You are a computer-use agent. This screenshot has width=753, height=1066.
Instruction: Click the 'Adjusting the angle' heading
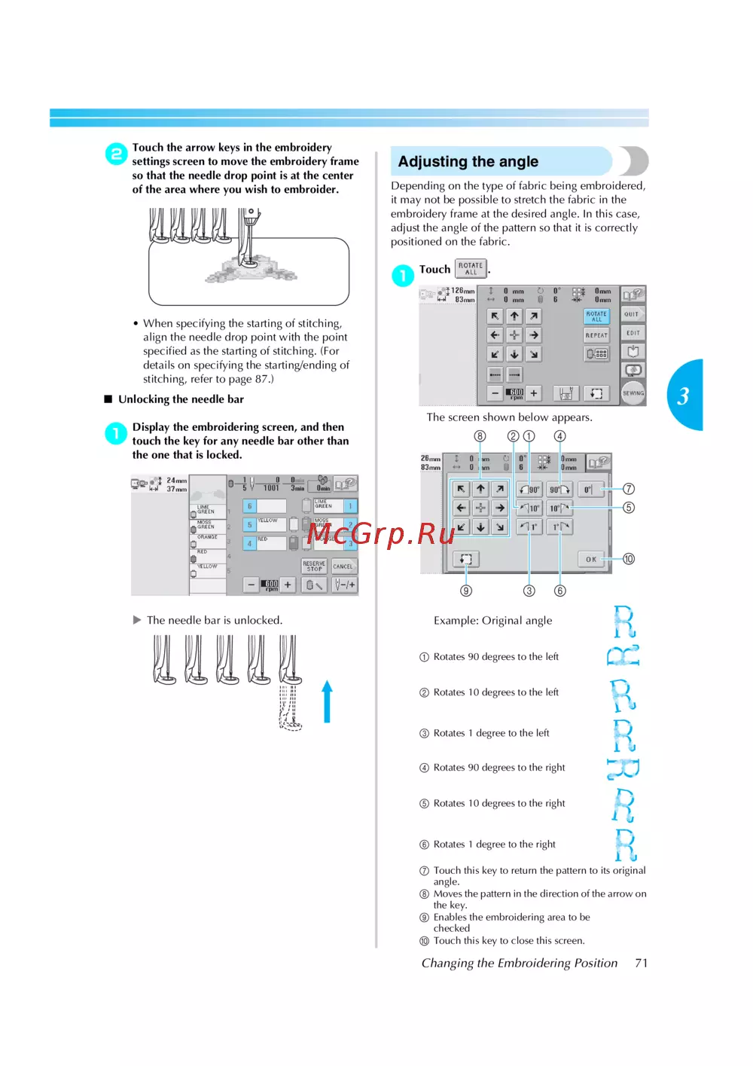click(x=468, y=161)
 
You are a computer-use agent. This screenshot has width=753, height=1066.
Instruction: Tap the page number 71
click(x=641, y=963)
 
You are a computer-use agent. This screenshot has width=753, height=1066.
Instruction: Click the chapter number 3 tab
click(x=684, y=396)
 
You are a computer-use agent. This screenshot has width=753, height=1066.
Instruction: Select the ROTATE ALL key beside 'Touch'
click(x=471, y=269)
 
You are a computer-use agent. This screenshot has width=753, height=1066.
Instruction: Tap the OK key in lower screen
click(x=591, y=559)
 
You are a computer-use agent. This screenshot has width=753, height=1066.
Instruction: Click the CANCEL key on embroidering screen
click(x=343, y=567)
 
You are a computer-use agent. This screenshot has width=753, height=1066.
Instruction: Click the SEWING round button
click(x=633, y=392)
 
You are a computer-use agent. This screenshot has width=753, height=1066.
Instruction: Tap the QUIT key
click(x=632, y=314)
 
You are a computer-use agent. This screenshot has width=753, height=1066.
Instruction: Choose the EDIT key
click(x=633, y=333)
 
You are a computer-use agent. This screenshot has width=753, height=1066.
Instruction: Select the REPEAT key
click(x=596, y=334)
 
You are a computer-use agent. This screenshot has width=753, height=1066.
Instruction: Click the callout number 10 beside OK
click(x=629, y=559)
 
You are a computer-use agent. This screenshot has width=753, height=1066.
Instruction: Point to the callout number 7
click(x=629, y=489)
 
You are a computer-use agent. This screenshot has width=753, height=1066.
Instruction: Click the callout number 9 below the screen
click(x=466, y=591)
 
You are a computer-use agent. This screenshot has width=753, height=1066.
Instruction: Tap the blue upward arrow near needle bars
click(x=327, y=701)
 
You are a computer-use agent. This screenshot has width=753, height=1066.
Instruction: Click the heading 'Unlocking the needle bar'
click(x=181, y=399)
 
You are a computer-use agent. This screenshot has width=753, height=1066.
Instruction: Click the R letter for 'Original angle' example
click(x=624, y=622)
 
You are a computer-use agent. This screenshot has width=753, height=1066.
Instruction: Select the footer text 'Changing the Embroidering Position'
click(x=520, y=963)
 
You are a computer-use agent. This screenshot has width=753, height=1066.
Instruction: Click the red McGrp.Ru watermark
click(x=380, y=533)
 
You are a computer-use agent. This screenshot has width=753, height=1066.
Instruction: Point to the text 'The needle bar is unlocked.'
click(x=215, y=620)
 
